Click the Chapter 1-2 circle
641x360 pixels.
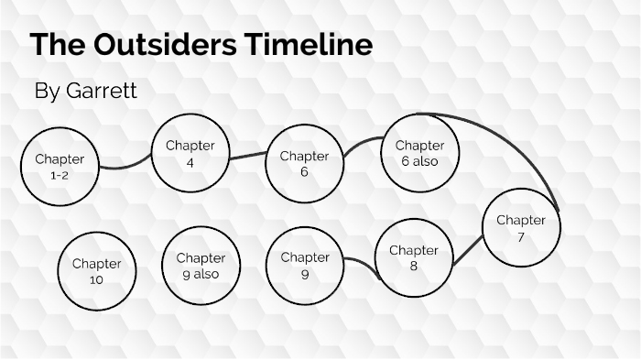pos(60,166)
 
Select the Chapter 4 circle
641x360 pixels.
pos(190,154)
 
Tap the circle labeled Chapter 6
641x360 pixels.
pos(304,163)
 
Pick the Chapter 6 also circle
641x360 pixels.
pos(419,153)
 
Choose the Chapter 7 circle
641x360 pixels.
pos(520,228)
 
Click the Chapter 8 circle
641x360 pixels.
pos(414,257)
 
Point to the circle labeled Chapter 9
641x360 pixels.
pos(304,265)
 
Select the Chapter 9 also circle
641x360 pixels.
pos(200,265)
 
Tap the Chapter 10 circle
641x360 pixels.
pos(96,271)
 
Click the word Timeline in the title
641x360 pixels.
pos(312,45)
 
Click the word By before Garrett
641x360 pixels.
pos(46,91)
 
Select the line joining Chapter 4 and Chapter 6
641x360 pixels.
pos(247,156)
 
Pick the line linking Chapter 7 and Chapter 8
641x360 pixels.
pos(469,249)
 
